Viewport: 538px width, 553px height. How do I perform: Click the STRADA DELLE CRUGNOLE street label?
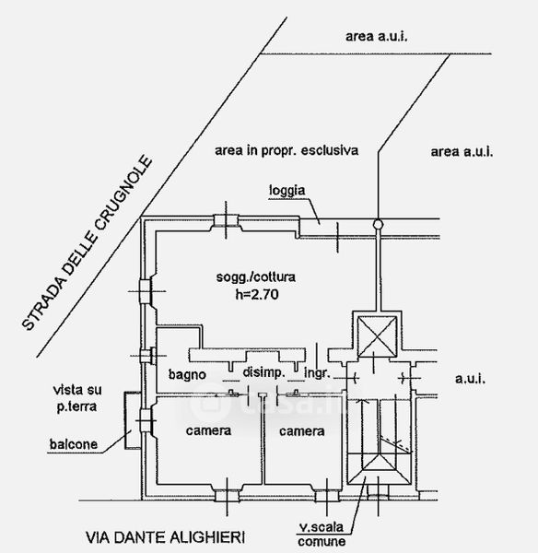pyautogui.click(x=88, y=243)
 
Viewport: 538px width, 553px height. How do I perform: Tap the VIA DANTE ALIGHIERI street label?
pyautogui.click(x=165, y=537)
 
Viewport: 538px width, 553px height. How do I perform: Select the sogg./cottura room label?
pyautogui.click(x=255, y=277)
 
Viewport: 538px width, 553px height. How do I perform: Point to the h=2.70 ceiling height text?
pyautogui.click(x=257, y=294)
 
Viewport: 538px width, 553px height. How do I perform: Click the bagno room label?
pyautogui.click(x=187, y=374)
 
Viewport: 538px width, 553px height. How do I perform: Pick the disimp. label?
pyautogui.click(x=263, y=372)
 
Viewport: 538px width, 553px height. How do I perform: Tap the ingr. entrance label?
pyautogui.click(x=317, y=373)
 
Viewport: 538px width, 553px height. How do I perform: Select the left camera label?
pyautogui.click(x=208, y=430)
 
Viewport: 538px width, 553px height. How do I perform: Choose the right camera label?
pyautogui.click(x=302, y=431)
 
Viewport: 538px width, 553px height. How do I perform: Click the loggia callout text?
pyautogui.click(x=287, y=191)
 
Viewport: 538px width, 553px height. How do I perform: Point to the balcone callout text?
pyautogui.click(x=74, y=444)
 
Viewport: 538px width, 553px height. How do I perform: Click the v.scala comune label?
pyautogui.click(x=322, y=535)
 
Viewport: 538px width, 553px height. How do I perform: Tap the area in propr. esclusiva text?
pyautogui.click(x=287, y=150)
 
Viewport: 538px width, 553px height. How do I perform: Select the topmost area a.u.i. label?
pyautogui.click(x=376, y=36)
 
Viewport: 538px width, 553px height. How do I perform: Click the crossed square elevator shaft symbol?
pyautogui.click(x=377, y=336)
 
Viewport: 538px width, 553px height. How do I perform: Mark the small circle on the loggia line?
pyautogui.click(x=378, y=224)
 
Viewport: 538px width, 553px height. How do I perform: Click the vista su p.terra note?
pyautogui.click(x=77, y=398)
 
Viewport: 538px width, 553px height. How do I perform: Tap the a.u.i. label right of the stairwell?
pyautogui.click(x=470, y=379)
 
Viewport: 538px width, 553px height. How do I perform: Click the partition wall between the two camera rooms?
pyautogui.click(x=263, y=441)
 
